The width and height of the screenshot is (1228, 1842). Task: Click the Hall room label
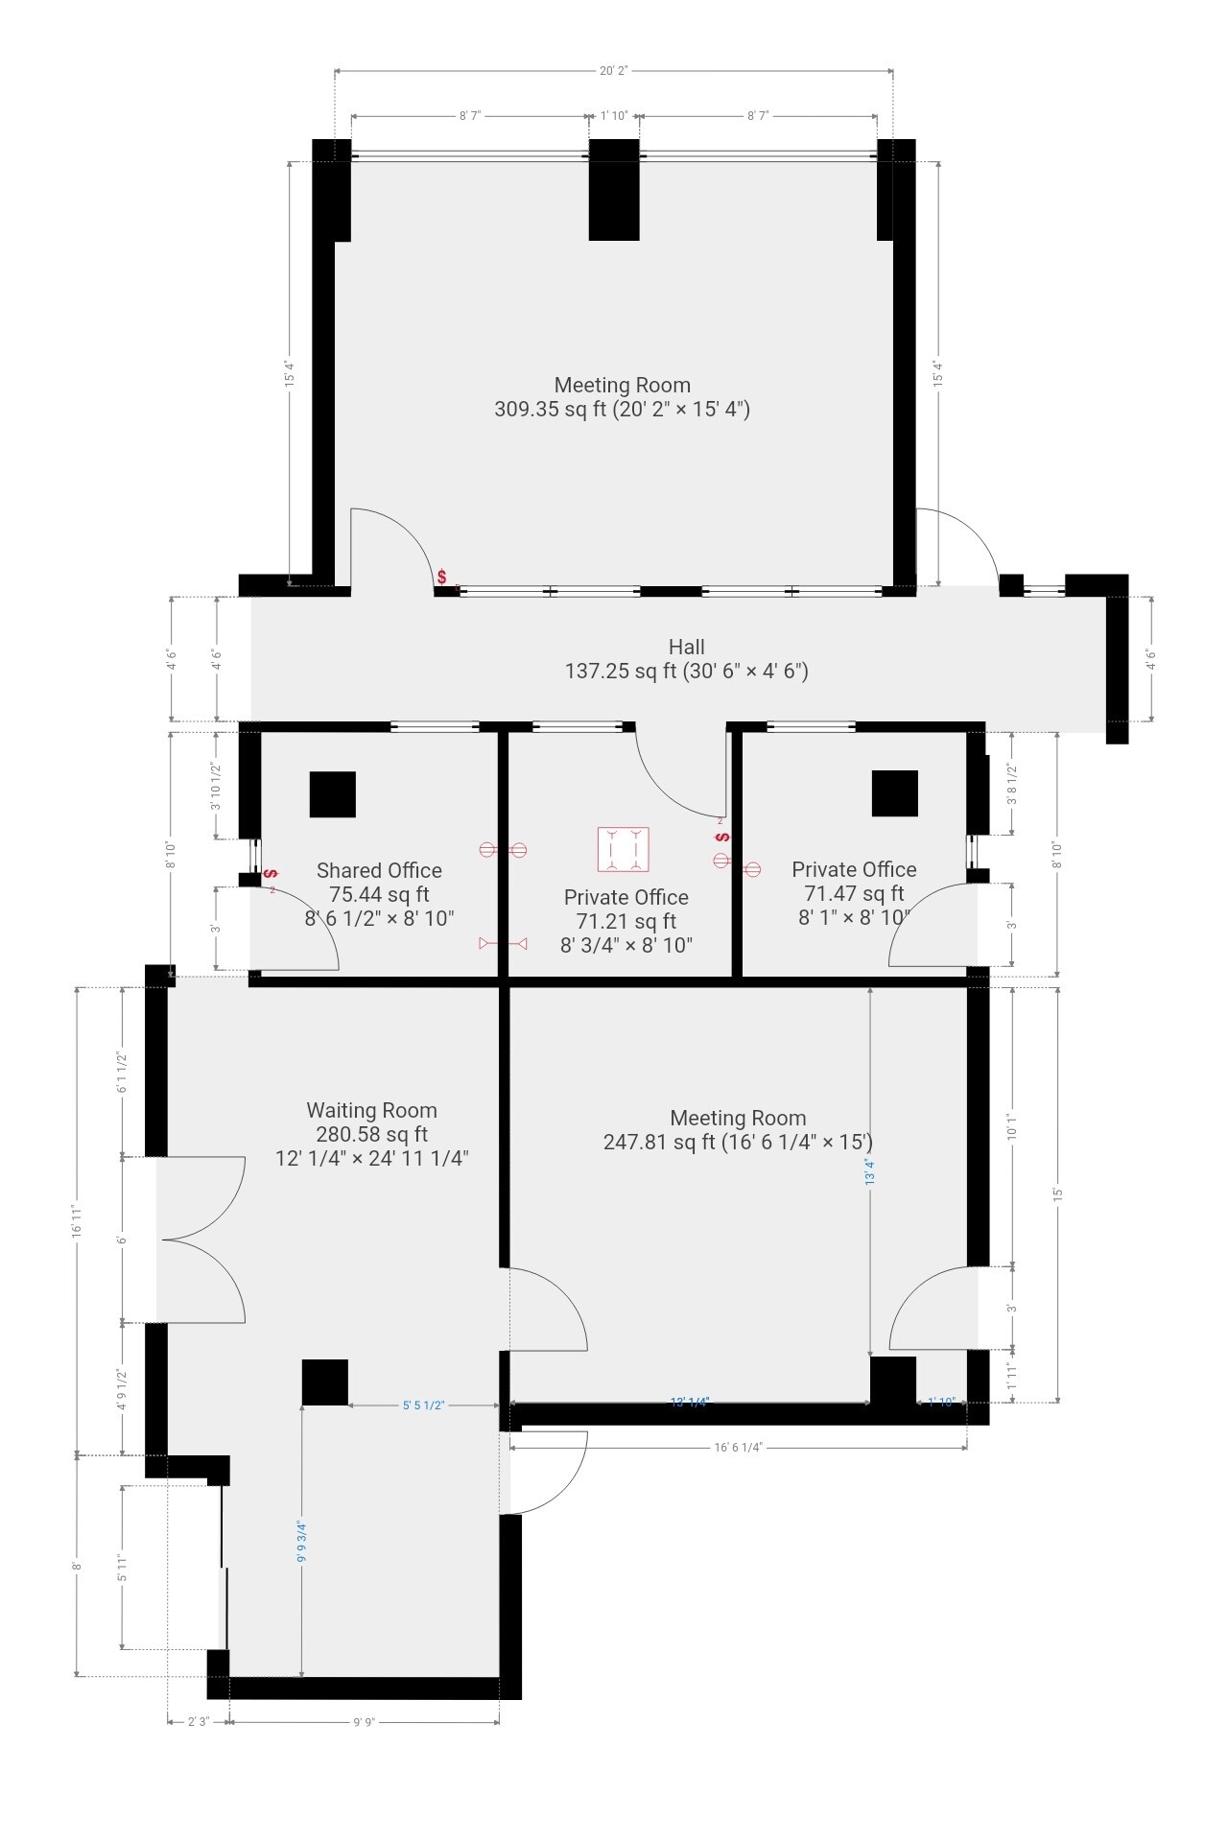[686, 647]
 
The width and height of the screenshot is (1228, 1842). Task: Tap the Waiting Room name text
[371, 1110]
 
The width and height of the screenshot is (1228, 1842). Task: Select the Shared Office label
[379, 870]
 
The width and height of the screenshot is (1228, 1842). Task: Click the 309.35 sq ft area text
[551, 410]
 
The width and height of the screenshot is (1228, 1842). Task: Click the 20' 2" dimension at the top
[613, 70]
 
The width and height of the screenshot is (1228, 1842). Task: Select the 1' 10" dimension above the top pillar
[614, 116]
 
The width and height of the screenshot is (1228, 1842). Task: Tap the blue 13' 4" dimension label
[870, 1171]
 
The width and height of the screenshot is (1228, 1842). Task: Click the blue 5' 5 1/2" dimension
[423, 1405]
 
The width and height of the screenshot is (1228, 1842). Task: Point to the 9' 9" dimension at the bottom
[364, 1722]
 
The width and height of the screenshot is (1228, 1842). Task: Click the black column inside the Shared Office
[333, 794]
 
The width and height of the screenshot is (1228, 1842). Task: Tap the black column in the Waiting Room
[325, 1382]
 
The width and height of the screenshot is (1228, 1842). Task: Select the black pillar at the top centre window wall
[614, 190]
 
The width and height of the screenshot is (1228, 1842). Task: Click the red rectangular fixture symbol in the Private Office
[624, 849]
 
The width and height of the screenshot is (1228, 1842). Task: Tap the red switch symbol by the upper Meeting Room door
[441, 577]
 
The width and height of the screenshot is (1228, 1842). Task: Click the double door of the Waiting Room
[201, 1240]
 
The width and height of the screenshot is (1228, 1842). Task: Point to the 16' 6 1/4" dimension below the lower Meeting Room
[738, 1448]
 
